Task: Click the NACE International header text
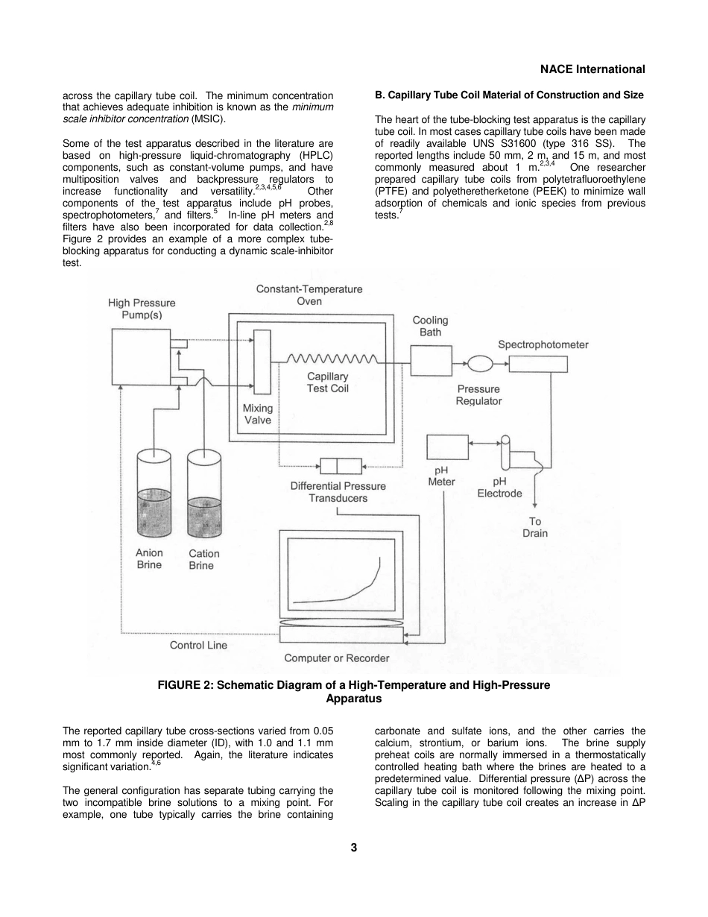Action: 592,69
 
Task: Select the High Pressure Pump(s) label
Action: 142,309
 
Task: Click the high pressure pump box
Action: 139,357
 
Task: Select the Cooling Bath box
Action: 431,362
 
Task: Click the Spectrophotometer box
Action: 538,364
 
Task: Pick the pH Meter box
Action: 447,447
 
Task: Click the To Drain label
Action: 535,527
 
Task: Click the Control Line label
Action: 198,645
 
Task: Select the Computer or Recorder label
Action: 336,658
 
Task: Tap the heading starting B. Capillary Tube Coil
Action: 509,95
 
